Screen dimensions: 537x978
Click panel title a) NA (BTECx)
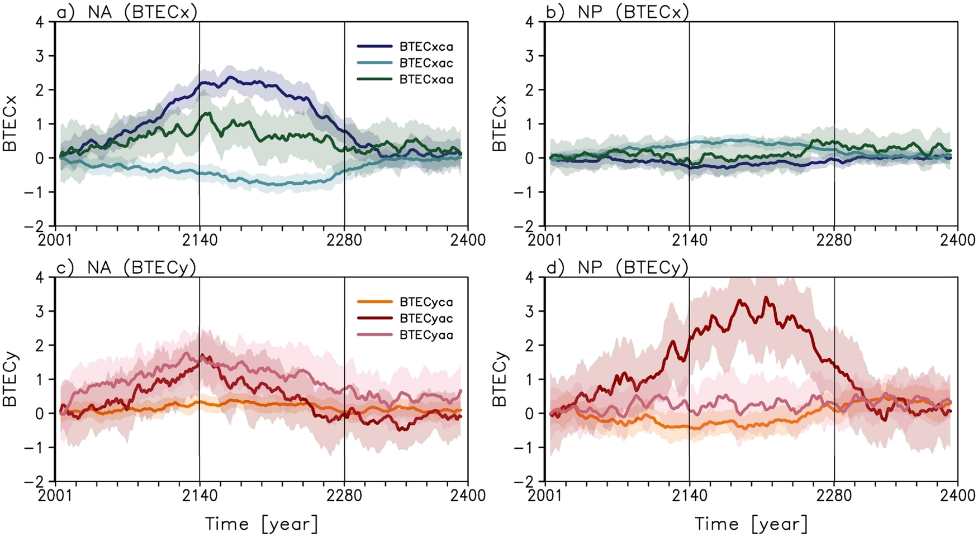(127, 12)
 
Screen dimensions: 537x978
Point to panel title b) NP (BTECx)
(617, 12)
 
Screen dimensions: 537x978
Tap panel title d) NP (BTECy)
(617, 267)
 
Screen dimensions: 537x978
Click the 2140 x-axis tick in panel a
(200, 240)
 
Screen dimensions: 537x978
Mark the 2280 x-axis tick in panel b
(834, 240)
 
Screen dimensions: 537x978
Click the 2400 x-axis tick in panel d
(957, 495)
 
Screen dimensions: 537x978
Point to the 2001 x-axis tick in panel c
(56, 495)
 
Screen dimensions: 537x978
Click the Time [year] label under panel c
(262, 524)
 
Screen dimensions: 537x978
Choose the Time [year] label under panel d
(751, 524)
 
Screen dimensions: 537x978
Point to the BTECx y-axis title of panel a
(11, 123)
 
